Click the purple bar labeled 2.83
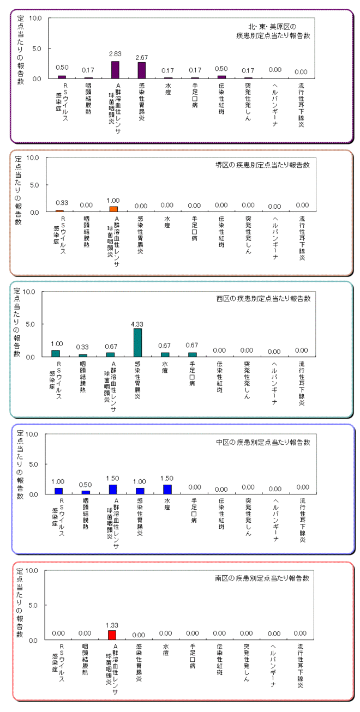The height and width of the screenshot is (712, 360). tap(115, 70)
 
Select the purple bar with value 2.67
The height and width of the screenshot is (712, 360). tap(142, 70)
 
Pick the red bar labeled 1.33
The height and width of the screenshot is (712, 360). tap(112, 635)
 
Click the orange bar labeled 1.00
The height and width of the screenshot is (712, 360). tap(113, 209)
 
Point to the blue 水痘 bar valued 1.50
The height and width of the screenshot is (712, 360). tap(167, 489)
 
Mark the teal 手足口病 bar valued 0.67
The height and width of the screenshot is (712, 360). tap(191, 354)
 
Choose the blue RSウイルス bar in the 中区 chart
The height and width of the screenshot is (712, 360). tap(58, 491)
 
